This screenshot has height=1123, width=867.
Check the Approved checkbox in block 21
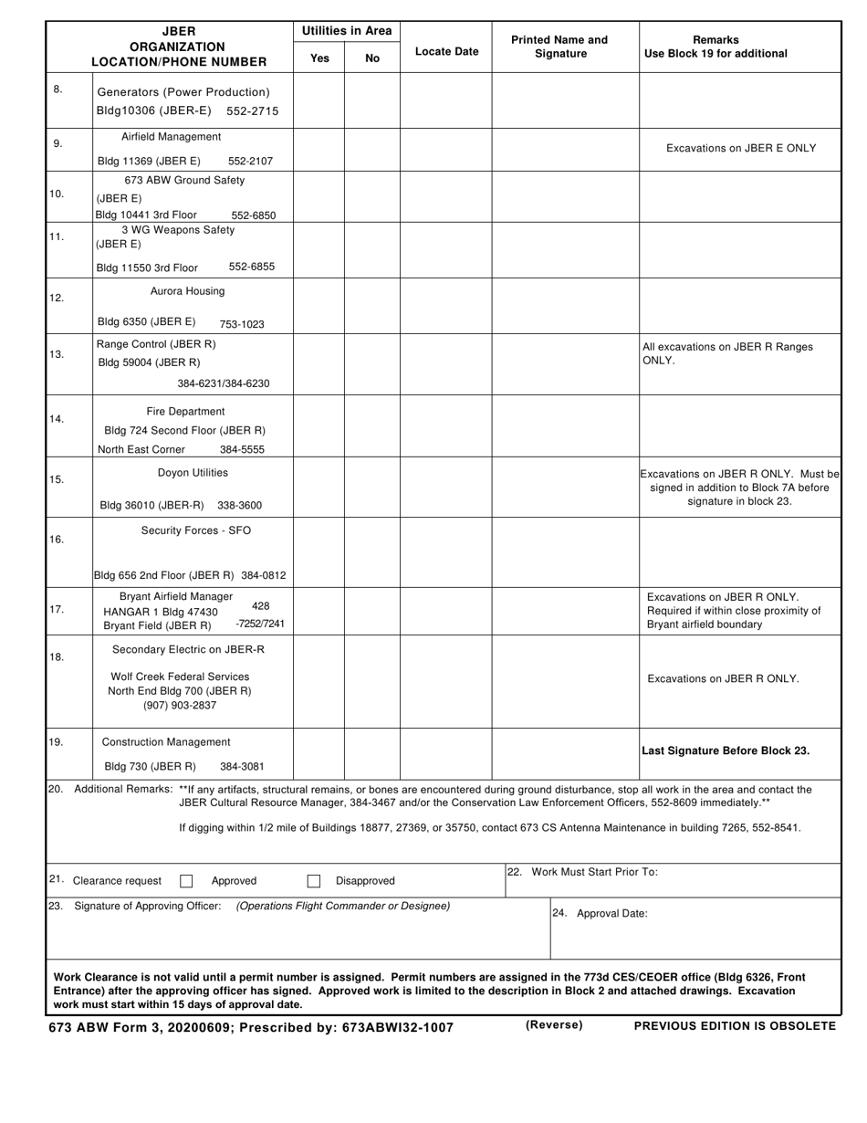click(186, 881)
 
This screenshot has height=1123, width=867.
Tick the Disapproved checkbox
click(314, 881)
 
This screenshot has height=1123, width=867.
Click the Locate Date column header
click(446, 51)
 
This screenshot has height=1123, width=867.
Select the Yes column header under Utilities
click(319, 58)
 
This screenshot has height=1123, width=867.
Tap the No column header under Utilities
click(372, 58)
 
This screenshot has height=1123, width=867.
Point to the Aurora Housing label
click(187, 291)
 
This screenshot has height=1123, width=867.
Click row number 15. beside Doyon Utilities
click(57, 479)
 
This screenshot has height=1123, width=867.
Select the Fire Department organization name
click(185, 411)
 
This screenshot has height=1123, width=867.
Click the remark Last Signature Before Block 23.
click(726, 750)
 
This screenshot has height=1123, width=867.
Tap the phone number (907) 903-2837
click(180, 706)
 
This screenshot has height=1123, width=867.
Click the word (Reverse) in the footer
click(553, 1025)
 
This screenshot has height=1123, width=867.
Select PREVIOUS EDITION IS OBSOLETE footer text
click(735, 1026)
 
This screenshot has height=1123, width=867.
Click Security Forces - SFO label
click(195, 530)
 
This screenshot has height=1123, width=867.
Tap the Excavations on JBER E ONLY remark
click(741, 148)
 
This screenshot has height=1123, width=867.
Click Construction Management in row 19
click(166, 742)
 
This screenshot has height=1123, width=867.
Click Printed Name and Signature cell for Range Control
click(565, 365)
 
